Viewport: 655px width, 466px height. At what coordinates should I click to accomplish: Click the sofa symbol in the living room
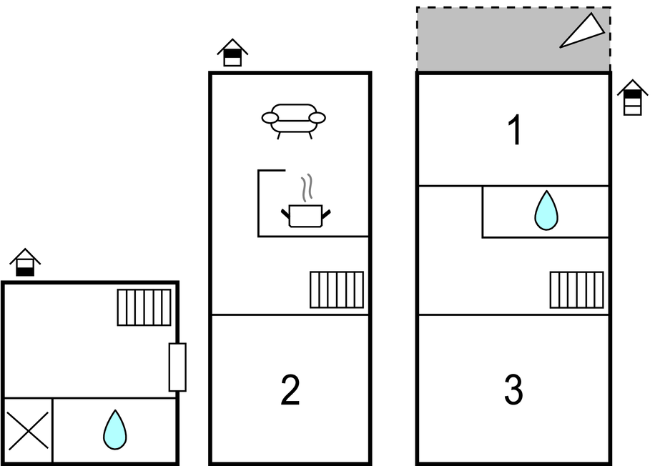294,119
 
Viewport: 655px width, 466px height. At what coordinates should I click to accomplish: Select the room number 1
514,132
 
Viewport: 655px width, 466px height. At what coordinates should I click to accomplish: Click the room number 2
290,390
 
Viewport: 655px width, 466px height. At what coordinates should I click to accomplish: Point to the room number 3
513,390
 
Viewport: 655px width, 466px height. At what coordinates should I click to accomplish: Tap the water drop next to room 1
546,210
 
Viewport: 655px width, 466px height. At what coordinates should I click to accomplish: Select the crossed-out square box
27,430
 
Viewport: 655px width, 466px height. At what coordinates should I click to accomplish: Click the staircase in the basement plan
144,307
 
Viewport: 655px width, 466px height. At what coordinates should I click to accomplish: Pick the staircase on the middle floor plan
337,289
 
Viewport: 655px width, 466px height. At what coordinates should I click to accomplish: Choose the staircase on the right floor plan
576,289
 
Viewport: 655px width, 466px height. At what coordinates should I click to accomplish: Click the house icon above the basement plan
25,262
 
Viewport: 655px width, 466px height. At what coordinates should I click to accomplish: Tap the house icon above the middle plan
232,53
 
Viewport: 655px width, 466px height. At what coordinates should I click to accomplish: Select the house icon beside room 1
632,97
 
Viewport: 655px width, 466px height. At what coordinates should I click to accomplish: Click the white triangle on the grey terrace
583,32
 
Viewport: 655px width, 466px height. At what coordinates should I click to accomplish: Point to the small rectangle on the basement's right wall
177,367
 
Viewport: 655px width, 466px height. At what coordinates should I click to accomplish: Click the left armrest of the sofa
270,117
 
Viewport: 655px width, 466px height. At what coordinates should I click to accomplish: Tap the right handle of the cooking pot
327,212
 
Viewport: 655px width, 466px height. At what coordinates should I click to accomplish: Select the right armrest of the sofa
317,117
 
